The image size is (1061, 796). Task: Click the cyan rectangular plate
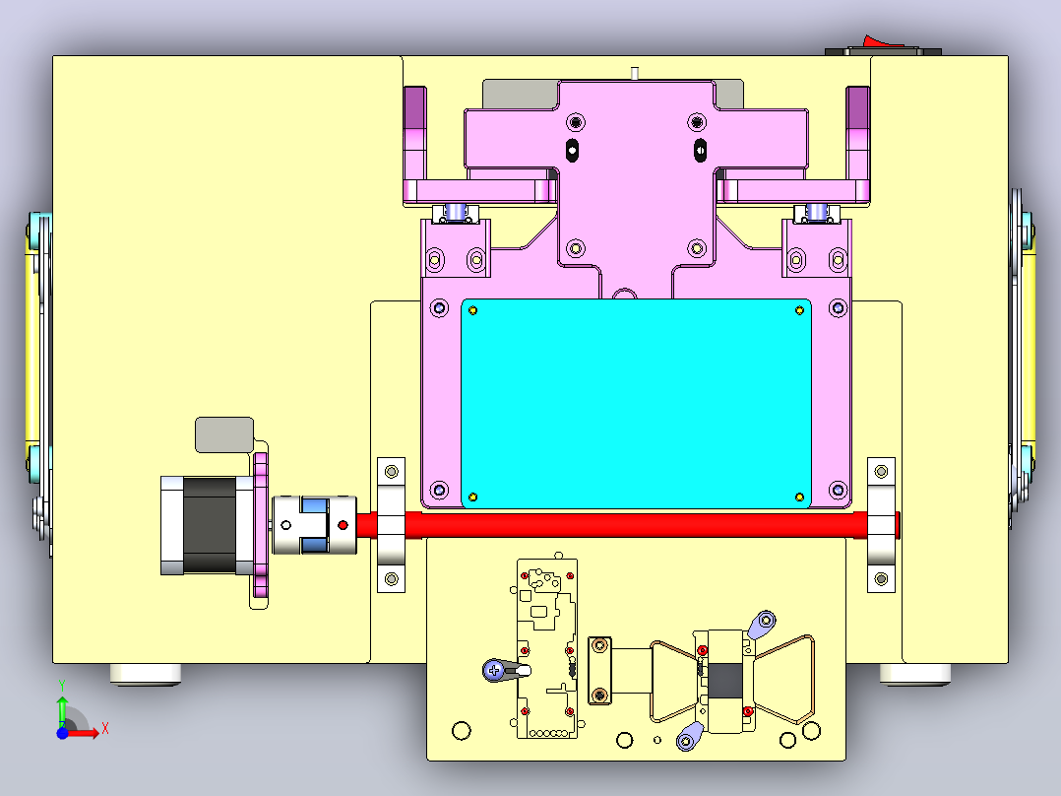(636, 404)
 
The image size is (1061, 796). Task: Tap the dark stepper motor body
(210, 525)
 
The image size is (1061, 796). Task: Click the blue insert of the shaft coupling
(315, 525)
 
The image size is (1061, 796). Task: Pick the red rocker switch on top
(883, 42)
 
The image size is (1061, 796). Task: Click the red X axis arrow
(83, 733)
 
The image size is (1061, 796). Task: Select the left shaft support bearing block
(391, 525)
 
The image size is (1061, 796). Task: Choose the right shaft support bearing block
(881, 525)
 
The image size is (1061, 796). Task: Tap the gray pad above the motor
(224, 434)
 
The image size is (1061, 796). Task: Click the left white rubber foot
(146, 674)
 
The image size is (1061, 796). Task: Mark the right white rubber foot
(915, 674)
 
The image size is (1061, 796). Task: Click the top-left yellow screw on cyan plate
(473, 311)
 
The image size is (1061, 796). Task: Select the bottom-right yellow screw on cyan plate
(799, 497)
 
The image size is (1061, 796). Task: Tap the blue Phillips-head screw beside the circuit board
(494, 671)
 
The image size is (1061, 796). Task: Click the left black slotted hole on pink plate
(573, 150)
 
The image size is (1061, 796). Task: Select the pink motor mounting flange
(261, 525)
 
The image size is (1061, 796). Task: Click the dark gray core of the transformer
(724, 682)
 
